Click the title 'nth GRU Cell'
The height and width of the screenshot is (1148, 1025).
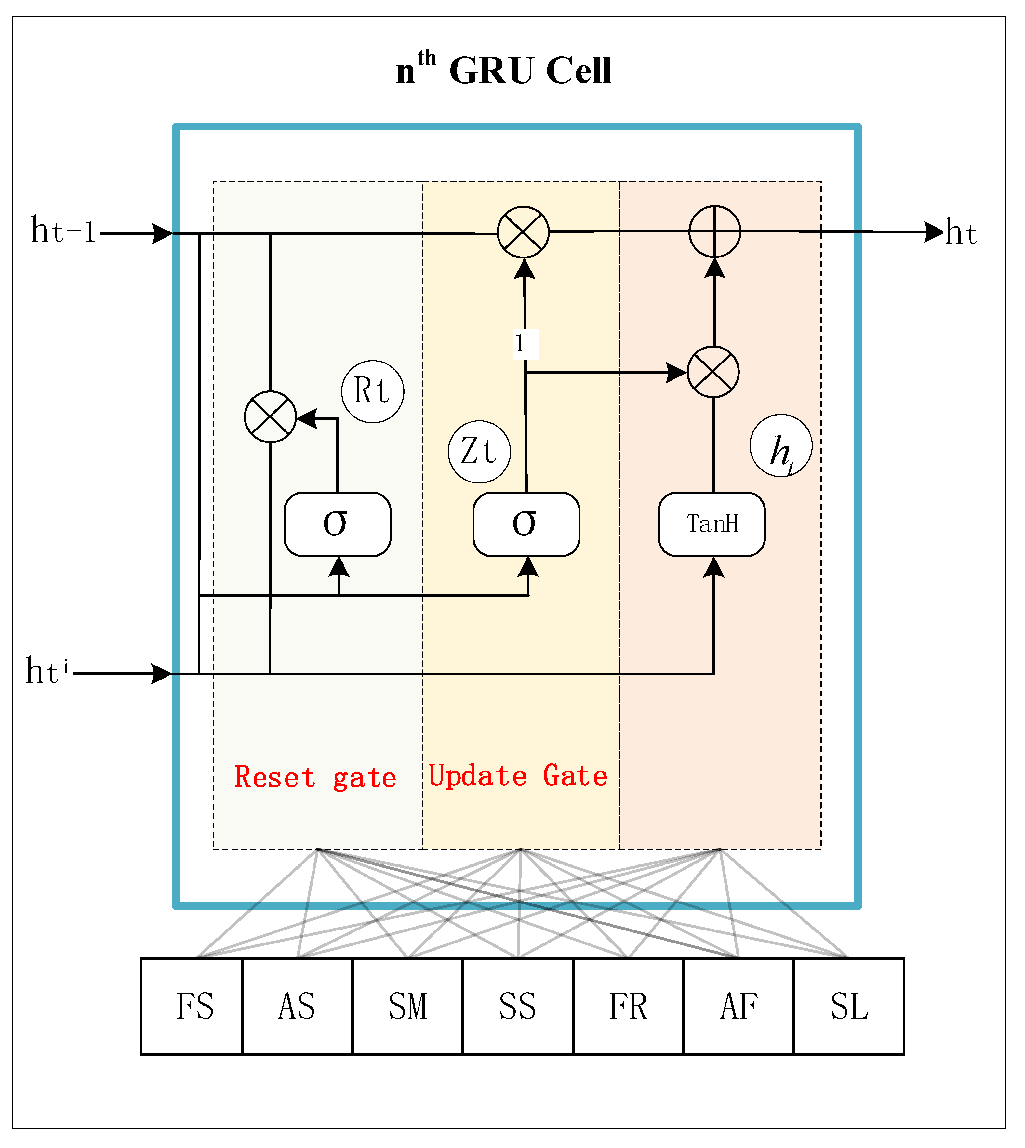[503, 70]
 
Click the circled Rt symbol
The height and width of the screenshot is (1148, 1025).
[372, 392]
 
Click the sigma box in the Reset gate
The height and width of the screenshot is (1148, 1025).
[337, 524]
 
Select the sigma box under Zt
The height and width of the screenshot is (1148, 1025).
[526, 524]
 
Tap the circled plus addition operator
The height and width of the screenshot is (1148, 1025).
[715, 231]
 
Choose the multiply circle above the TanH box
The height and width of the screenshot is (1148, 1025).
[713, 372]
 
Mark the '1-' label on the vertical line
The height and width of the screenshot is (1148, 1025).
[526, 343]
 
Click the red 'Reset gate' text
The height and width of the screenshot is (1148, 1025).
[315, 778]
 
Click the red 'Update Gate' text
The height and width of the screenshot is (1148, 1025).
[518, 776]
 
